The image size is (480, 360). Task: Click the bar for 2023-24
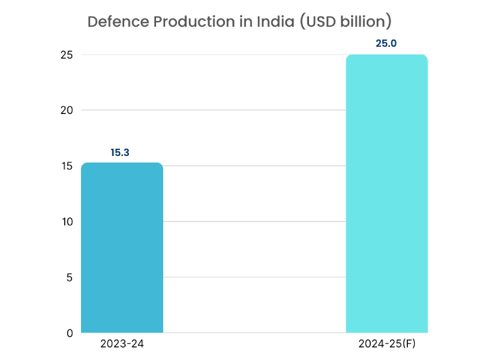coord(122,247)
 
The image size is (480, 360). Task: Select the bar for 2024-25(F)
coord(387,193)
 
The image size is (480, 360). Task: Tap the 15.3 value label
coord(120,152)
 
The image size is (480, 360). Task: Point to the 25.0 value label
coord(386,43)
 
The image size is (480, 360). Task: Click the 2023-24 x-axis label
coord(122,344)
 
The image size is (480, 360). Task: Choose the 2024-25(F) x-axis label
coord(387,344)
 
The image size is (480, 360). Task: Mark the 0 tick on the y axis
coord(70,333)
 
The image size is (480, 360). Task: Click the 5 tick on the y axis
coord(70,277)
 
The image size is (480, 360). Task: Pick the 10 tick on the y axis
coord(67,221)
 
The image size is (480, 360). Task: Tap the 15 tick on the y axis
coord(67,166)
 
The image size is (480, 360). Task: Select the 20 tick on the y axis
coord(67,110)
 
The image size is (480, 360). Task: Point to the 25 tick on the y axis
coord(67,55)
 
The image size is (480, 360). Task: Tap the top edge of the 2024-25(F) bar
coord(387,55)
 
